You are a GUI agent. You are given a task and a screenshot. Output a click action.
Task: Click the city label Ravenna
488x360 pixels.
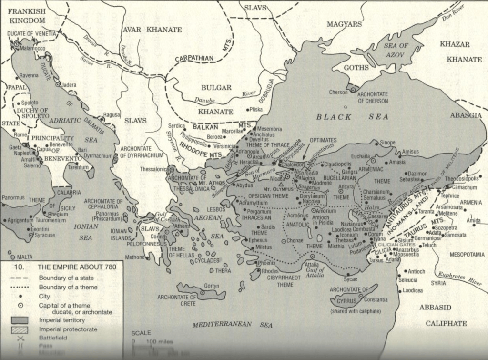(x=29, y=75)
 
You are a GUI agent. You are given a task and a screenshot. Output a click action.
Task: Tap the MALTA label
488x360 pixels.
(x=25, y=257)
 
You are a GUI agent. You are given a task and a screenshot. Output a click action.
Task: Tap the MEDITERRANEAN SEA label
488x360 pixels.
(x=232, y=325)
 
